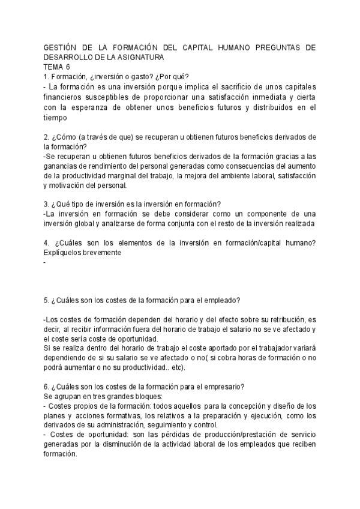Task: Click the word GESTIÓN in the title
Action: pyautogui.click(x=61, y=48)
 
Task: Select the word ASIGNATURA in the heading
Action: pyautogui.click(x=140, y=57)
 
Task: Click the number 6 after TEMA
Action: pyautogui.click(x=68, y=67)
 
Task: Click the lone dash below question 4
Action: pyautogui.click(x=45, y=262)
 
